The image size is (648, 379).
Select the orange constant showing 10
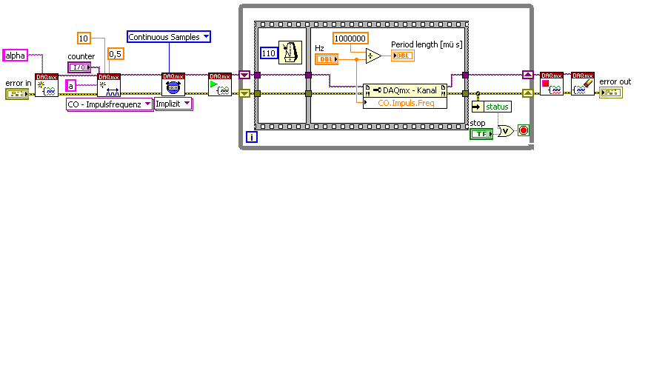(84, 38)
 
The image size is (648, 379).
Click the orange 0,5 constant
(116, 53)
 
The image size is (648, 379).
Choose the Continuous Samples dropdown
(169, 36)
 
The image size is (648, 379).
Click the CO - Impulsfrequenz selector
(110, 104)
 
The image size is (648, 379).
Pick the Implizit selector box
(173, 104)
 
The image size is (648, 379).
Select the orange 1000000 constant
(350, 38)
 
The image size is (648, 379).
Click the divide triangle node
(373, 56)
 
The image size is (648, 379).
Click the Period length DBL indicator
(403, 56)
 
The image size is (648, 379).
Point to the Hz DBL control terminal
(325, 58)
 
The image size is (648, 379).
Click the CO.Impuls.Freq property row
(405, 104)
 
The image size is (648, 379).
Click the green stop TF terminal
(481, 133)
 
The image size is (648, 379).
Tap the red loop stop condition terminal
(524, 130)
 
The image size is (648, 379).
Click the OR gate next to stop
(505, 131)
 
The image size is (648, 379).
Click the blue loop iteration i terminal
(252, 137)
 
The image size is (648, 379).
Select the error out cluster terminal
(611, 93)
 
